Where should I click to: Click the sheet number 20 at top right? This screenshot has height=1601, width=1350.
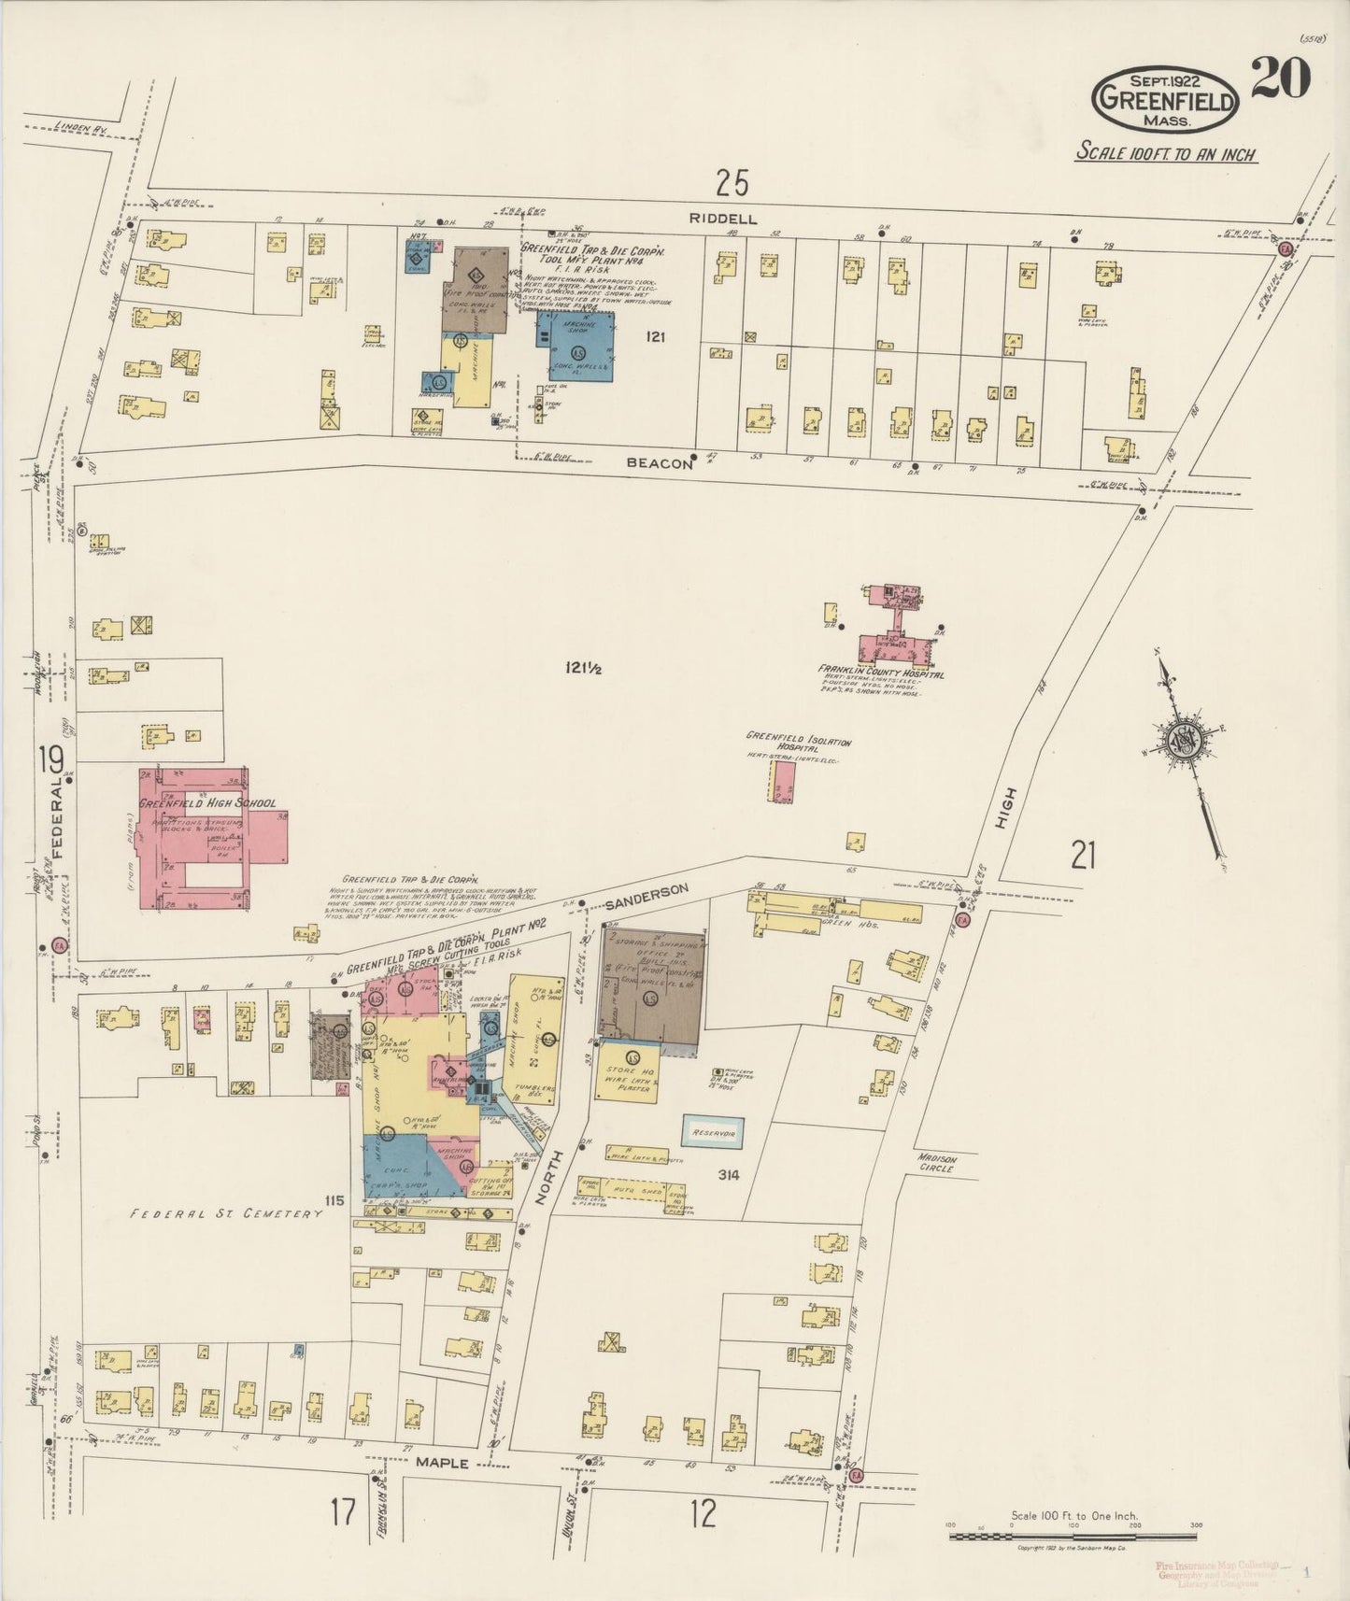1281,78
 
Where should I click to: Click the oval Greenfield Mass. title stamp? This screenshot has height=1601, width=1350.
1166,98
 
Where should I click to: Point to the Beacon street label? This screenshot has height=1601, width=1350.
660,462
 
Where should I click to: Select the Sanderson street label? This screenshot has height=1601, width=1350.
646,898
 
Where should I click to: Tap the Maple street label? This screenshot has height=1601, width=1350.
442,1463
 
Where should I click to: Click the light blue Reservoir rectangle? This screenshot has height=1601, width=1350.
713,1132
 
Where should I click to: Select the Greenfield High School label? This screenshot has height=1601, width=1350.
207,803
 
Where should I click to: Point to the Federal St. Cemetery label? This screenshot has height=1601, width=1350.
225,1213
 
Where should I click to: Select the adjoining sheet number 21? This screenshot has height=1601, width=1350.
1082,855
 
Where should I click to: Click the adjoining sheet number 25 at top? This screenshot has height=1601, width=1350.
732,182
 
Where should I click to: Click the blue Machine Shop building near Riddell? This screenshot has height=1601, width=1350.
576,347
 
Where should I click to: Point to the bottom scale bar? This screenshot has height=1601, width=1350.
1073,1534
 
